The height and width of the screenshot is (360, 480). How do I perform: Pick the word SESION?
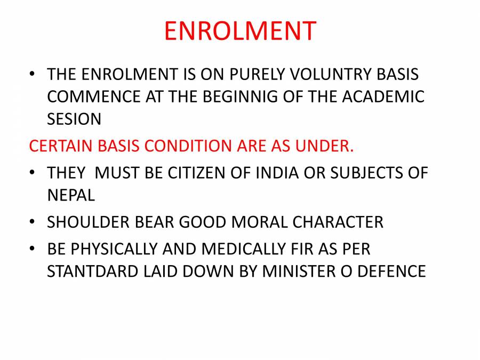[x=74, y=119]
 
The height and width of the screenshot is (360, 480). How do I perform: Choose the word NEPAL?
[x=71, y=195]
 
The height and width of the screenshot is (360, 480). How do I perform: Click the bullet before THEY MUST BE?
[x=33, y=173]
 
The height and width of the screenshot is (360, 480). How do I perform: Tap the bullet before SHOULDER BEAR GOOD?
[x=33, y=222]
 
